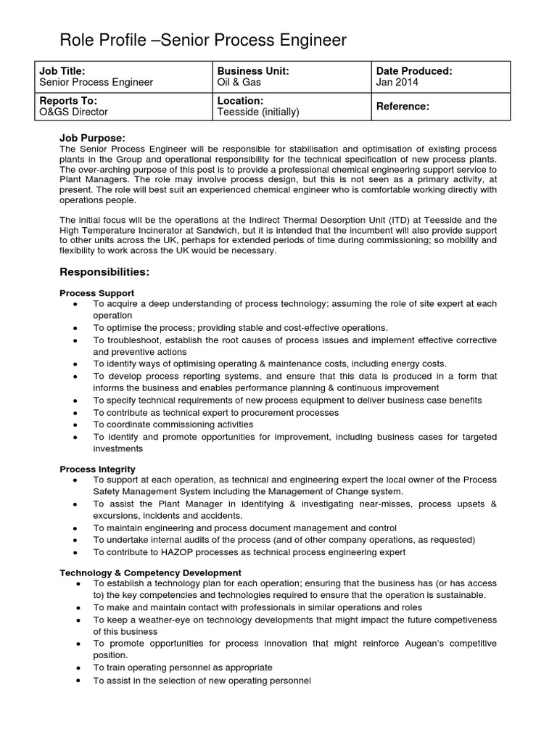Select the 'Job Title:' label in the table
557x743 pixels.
[62, 71]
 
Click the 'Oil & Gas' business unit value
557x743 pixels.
[240, 83]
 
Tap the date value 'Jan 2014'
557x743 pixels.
[397, 83]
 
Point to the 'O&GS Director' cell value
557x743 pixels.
[73, 112]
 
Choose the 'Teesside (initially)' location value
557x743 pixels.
[258, 112]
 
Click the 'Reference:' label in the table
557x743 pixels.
[403, 107]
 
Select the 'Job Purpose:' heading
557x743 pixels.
[92, 138]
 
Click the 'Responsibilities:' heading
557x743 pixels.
[104, 272]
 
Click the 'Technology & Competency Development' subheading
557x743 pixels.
[150, 573]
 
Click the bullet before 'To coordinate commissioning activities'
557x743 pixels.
[76, 424]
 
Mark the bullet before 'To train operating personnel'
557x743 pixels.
[76, 668]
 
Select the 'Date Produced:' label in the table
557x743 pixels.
[414, 71]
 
